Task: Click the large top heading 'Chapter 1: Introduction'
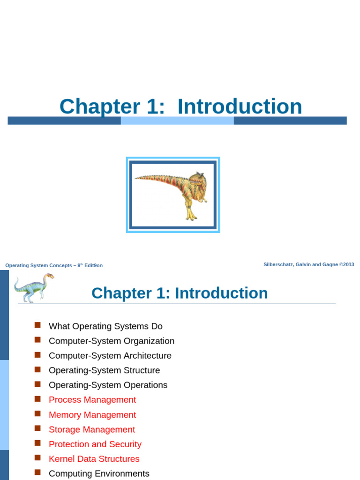pyautogui.click(x=180, y=106)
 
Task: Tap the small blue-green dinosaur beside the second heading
pyautogui.click(x=33, y=287)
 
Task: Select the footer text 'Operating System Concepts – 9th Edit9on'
pyautogui.click(x=54, y=265)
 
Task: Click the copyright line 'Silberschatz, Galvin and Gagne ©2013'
pyautogui.click(x=308, y=264)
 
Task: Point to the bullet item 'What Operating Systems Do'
pyautogui.click(x=105, y=326)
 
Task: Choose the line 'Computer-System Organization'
pyautogui.click(x=112, y=341)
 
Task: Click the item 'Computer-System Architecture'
pyautogui.click(x=110, y=356)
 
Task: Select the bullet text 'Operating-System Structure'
pyautogui.click(x=104, y=370)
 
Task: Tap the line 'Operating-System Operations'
pyautogui.click(x=108, y=385)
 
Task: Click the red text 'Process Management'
pyautogui.click(x=92, y=400)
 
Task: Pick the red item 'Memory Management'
pyautogui.click(x=92, y=415)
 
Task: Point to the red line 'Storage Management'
pyautogui.click(x=92, y=430)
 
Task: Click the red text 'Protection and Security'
pyautogui.click(x=95, y=444)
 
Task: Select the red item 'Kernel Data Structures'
pyautogui.click(x=94, y=459)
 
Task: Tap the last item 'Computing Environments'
pyautogui.click(x=99, y=473)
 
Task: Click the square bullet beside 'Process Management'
pyautogui.click(x=38, y=399)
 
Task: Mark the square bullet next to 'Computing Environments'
pyautogui.click(x=38, y=472)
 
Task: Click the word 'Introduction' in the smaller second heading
pyautogui.click(x=221, y=293)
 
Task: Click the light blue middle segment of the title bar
pyautogui.click(x=177, y=121)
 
